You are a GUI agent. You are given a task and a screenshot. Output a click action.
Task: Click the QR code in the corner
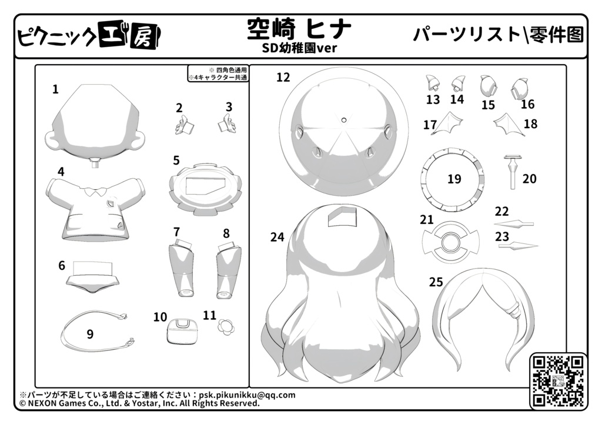pyautogui.click(x=558, y=380)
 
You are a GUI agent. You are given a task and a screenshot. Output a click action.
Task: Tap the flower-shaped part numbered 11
pyautogui.click(x=226, y=327)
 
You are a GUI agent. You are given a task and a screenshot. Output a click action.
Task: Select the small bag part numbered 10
pyautogui.click(x=182, y=331)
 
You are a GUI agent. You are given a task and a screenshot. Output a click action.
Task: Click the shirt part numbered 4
pyautogui.click(x=96, y=208)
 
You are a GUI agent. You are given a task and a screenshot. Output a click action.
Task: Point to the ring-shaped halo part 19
pyautogui.click(x=453, y=153)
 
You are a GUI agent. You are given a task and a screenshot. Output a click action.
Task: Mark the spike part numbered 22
pyautogui.click(x=514, y=223)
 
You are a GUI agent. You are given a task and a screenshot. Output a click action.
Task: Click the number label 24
pyautogui.click(x=277, y=238)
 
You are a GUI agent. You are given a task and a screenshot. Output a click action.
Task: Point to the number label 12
pyautogui.click(x=283, y=77)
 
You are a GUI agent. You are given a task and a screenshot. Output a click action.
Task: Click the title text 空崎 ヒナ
pyautogui.click(x=299, y=29)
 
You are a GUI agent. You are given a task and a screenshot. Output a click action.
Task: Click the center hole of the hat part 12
pyautogui.click(x=343, y=119)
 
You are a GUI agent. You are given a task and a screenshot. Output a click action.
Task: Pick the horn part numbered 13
pyautogui.click(x=433, y=82)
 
